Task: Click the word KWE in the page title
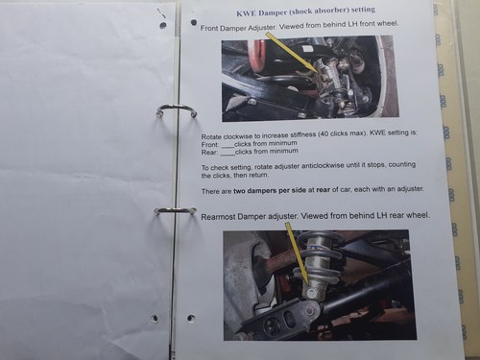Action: (x=247, y=13)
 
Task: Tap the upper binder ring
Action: (x=177, y=108)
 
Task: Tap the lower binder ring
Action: (x=175, y=210)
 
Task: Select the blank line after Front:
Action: (x=228, y=146)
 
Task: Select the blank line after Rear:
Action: (x=228, y=154)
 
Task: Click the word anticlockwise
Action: (x=322, y=166)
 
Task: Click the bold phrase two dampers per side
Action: (x=270, y=191)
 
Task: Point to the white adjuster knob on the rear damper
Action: (x=311, y=293)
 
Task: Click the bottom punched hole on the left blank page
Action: (x=155, y=318)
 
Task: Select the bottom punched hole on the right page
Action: (x=191, y=318)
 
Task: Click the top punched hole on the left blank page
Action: (x=163, y=25)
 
